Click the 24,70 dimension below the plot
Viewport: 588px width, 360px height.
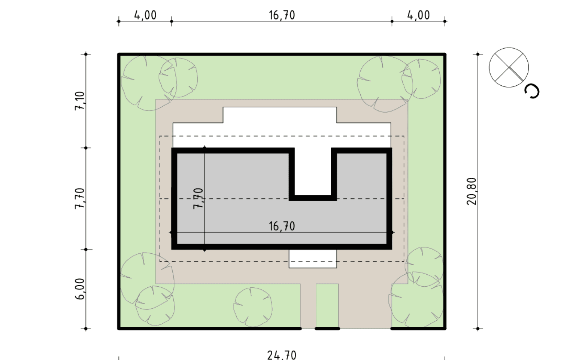click(x=282, y=356)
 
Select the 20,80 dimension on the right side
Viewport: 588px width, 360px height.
click(x=472, y=191)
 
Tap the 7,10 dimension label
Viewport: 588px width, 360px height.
click(x=80, y=101)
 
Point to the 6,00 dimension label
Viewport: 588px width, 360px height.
click(x=80, y=289)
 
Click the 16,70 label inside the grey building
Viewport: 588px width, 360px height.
click(x=282, y=226)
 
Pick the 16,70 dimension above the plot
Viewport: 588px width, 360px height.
click(x=282, y=15)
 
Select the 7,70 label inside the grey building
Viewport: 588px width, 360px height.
click(x=198, y=198)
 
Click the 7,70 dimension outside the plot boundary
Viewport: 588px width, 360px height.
click(x=80, y=198)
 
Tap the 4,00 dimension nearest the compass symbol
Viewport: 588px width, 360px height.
click(x=418, y=15)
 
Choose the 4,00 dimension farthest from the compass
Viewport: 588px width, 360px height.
click(x=145, y=15)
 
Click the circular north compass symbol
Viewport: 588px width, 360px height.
click(x=509, y=67)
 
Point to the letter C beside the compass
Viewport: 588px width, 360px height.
click(x=532, y=92)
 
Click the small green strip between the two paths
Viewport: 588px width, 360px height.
click(x=327, y=305)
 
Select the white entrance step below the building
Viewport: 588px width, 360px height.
click(x=313, y=259)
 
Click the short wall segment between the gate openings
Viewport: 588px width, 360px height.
click(x=327, y=329)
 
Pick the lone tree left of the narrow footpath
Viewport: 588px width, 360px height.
click(x=253, y=307)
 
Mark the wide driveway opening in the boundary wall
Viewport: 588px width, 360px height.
click(x=365, y=329)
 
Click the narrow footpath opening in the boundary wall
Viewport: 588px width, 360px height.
click(x=308, y=329)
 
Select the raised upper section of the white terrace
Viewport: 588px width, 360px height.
click(x=280, y=115)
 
